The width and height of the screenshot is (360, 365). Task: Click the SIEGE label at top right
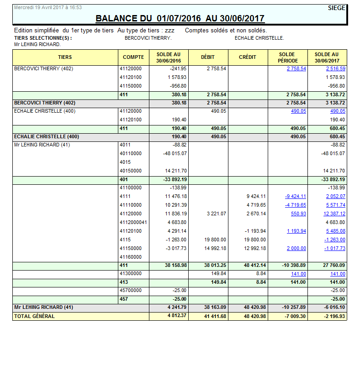pyautogui.click(x=337, y=8)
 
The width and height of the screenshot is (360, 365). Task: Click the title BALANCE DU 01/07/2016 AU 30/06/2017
pyautogui.click(x=180, y=18)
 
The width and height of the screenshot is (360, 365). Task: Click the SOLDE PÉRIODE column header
pyautogui.click(x=288, y=57)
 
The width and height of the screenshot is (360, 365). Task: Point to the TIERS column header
pyautogui.click(x=65, y=57)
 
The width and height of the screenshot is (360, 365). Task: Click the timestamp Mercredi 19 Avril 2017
pyautogui.click(x=42, y=8)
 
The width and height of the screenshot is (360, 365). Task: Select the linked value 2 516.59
pyautogui.click(x=335, y=68)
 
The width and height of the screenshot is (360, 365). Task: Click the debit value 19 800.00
pyautogui.click(x=216, y=240)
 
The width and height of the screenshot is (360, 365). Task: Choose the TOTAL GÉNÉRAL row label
pyautogui.click(x=34, y=316)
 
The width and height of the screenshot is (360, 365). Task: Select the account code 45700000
pyautogui.click(x=131, y=290)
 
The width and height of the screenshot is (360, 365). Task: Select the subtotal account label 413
pyautogui.click(x=124, y=282)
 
